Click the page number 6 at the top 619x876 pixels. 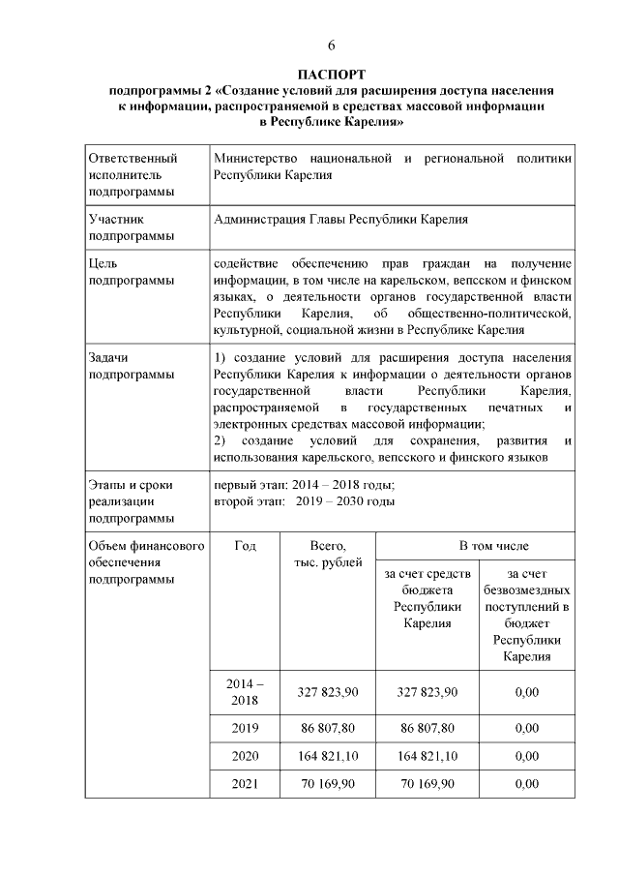point(331,45)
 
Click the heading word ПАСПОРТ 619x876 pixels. point(331,75)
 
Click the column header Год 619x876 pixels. point(245,546)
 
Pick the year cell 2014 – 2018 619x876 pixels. point(245,692)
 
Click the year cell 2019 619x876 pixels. point(245,727)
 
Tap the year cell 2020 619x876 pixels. point(245,756)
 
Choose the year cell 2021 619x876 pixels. point(245,784)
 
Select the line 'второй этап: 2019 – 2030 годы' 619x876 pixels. point(304,501)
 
